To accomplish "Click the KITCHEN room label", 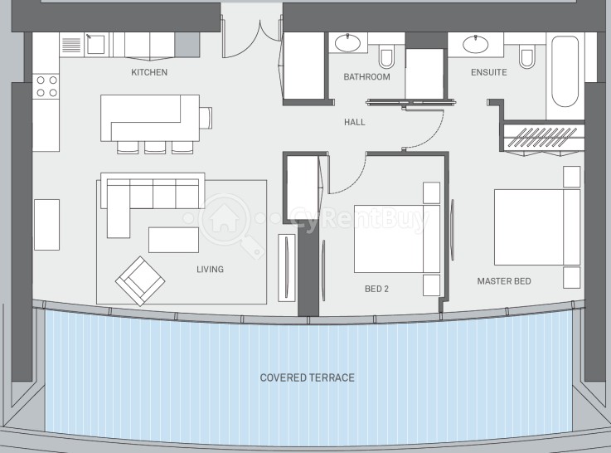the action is [149, 72].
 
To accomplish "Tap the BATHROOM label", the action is [366, 77].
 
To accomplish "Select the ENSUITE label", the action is [488, 72].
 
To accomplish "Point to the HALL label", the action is [355, 122].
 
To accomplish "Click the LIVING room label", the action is [210, 269].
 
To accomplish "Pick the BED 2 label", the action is [376, 289].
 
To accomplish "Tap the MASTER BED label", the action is [504, 281].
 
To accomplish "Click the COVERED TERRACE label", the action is [307, 377].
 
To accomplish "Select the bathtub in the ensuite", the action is [565, 71].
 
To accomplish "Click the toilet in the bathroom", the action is [386, 57].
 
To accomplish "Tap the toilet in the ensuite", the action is [526, 57].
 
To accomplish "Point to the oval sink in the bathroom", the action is [347, 43].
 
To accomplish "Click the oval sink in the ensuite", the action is [475, 44].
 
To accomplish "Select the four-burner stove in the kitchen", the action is [46, 86].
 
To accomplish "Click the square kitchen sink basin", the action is [96, 44].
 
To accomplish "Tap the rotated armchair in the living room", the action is [140, 280].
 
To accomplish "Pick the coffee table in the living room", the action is [173, 240].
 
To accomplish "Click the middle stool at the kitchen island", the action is [155, 147].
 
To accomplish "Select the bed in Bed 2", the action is [397, 239].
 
